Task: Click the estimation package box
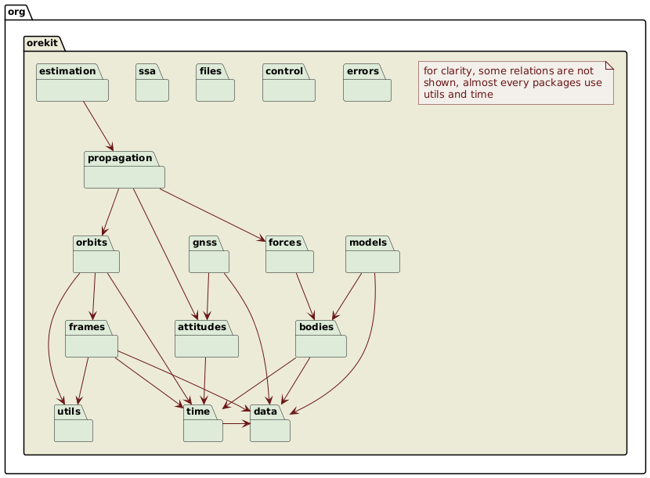point(72,84)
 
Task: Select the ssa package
point(152,84)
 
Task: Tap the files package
point(215,84)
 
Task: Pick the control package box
point(288,84)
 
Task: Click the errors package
point(367,84)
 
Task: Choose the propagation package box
point(124,171)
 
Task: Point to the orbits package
point(97,255)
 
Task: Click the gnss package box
point(209,255)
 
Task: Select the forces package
point(289,255)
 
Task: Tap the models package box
point(373,255)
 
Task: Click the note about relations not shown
point(515,83)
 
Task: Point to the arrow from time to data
point(237,424)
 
